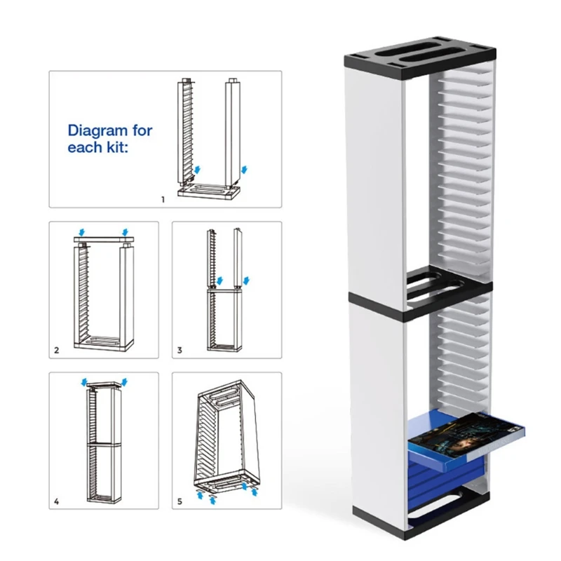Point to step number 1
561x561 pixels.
pyautogui.click(x=163, y=200)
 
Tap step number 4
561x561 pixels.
pyautogui.click(x=56, y=501)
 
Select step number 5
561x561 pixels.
pyautogui.click(x=180, y=501)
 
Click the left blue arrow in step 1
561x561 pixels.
pyautogui.click(x=197, y=170)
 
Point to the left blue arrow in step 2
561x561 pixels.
pyautogui.click(x=83, y=231)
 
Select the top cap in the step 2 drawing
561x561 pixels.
pyautogui.click(x=104, y=241)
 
